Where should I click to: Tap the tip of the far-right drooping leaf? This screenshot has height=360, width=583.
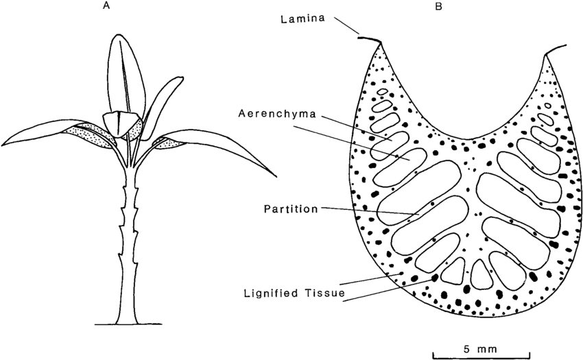point(276,175)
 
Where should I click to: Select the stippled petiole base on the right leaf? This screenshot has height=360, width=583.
point(166,142)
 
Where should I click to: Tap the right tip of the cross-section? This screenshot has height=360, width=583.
point(547,53)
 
